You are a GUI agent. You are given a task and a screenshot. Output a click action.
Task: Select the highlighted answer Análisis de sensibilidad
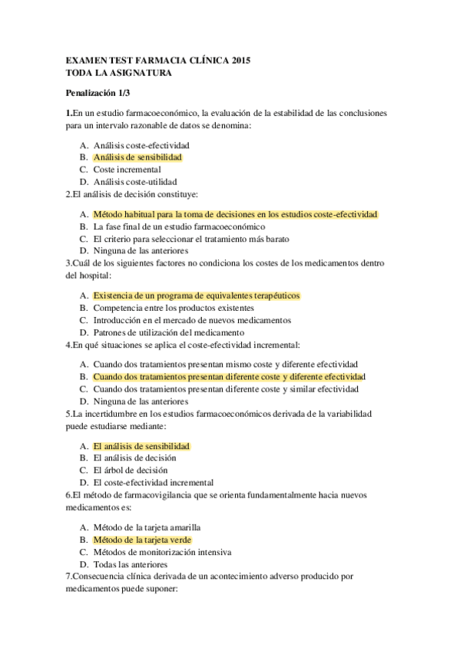click(x=137, y=157)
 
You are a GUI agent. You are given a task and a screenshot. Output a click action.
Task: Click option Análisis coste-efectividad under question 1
click(x=141, y=145)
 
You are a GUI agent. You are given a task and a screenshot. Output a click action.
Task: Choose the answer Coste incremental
click(x=127, y=170)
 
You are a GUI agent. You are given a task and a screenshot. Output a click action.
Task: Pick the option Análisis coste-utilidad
click(x=135, y=182)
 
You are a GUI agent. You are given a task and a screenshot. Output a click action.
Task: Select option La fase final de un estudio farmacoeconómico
click(x=179, y=227)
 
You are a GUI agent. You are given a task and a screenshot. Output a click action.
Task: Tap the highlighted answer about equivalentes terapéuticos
click(x=196, y=296)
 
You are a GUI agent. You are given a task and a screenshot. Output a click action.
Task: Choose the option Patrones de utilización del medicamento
click(x=168, y=332)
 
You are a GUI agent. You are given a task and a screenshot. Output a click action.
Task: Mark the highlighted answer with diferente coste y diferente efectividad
click(x=229, y=377)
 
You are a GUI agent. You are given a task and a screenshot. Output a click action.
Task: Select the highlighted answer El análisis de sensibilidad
click(x=141, y=446)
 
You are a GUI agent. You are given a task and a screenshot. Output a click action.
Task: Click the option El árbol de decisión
click(x=131, y=470)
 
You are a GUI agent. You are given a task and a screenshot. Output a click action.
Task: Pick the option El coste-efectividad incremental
click(x=153, y=483)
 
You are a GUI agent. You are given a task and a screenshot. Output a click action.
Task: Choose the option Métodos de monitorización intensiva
click(x=162, y=552)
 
